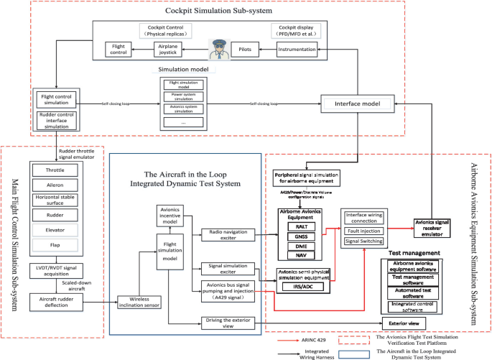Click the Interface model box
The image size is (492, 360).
tap(357, 103)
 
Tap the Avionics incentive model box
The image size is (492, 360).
tap(172, 216)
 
